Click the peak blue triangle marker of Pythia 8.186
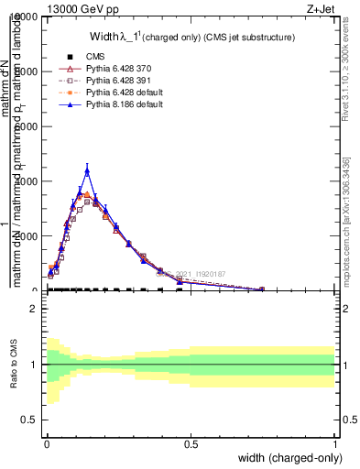pyautogui.click(x=87, y=170)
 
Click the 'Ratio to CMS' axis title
pyautogui.click(x=14, y=365)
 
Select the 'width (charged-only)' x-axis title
pyautogui.click(x=287, y=458)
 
